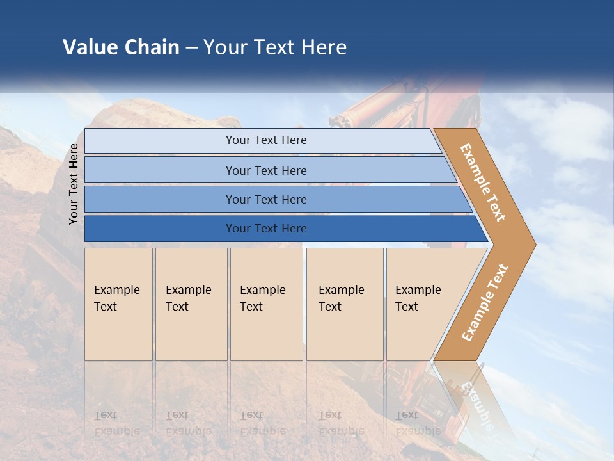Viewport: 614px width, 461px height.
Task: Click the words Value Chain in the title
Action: pyautogui.click(x=121, y=47)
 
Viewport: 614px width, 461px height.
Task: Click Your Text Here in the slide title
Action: pyautogui.click(x=275, y=47)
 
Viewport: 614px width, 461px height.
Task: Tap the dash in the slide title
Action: pyautogui.click(x=191, y=48)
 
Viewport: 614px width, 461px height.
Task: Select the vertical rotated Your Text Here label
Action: pyautogui.click(x=74, y=184)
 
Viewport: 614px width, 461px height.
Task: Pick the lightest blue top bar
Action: pyautogui.click(x=265, y=140)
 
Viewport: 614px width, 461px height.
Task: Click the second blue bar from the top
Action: pyautogui.click(x=265, y=170)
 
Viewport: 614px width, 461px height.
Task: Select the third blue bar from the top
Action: pyautogui.click(x=265, y=199)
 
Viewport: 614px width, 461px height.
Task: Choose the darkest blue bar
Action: pyautogui.click(x=265, y=229)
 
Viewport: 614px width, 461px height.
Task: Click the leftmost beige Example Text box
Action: pyautogui.click(x=118, y=304)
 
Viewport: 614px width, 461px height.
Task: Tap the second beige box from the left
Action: pyautogui.click(x=191, y=304)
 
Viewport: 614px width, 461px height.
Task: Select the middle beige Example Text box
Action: pyautogui.click(x=266, y=304)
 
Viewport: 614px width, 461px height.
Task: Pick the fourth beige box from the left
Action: pyautogui.click(x=344, y=304)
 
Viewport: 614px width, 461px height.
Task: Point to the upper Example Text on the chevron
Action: pyautogui.click(x=483, y=182)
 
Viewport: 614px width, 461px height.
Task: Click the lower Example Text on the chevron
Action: pyautogui.click(x=485, y=302)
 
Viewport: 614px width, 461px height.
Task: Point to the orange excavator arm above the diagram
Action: pyautogui.click(x=409, y=102)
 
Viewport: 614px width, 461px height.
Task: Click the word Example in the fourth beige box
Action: pyautogui.click(x=342, y=290)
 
